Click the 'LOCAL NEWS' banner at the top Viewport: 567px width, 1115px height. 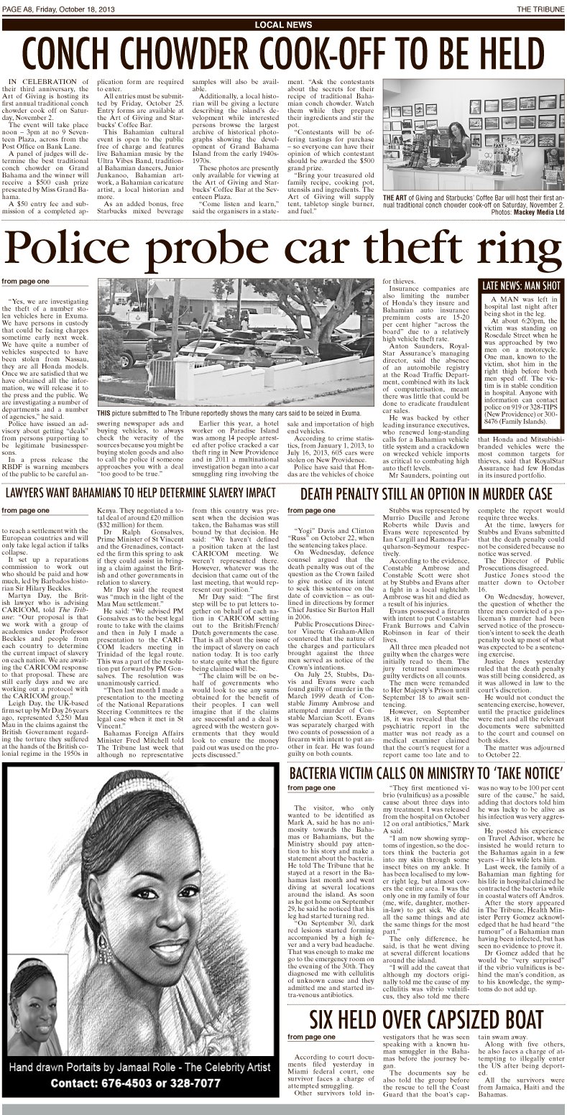tap(283, 24)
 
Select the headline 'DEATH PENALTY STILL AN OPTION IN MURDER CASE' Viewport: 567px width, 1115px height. tap(426, 494)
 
